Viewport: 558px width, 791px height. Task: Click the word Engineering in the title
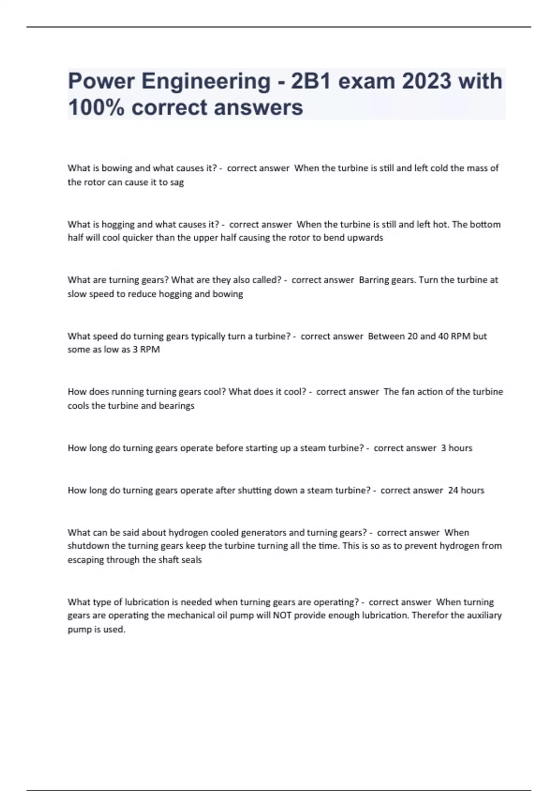[x=206, y=81]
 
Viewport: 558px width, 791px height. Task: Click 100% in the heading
[x=95, y=108]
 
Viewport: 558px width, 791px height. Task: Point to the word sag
[x=177, y=182]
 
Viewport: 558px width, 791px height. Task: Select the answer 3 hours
[x=457, y=448]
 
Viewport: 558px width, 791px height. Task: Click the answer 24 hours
[x=466, y=490]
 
